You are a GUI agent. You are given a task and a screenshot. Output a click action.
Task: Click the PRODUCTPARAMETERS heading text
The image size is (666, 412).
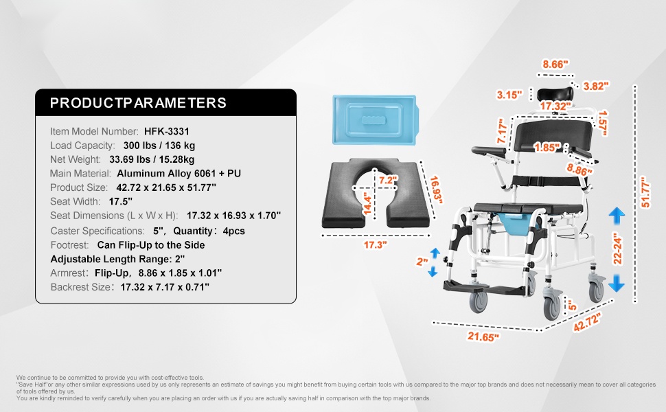coord(138,103)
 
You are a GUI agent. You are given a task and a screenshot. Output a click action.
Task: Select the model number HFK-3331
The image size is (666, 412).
coord(166,131)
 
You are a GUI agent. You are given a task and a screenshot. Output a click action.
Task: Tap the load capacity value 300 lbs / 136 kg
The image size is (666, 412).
coord(159,146)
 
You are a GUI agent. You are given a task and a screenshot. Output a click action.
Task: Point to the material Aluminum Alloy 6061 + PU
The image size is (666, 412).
coord(179,173)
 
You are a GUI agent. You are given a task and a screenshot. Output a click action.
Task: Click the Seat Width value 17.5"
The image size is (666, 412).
coord(121,201)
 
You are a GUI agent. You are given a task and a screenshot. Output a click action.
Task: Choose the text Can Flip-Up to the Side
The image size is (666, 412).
coord(151,245)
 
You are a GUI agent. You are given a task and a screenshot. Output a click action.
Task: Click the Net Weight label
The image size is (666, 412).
coord(75,159)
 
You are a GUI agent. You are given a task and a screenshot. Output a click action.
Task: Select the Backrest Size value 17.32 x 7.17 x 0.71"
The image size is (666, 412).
coord(165,287)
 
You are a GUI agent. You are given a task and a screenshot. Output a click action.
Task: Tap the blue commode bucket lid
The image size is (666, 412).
coord(376,119)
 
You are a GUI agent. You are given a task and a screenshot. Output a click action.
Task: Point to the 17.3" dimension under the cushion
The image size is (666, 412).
coord(376,245)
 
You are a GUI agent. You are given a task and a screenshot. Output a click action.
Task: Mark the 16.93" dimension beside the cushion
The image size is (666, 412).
coord(436,190)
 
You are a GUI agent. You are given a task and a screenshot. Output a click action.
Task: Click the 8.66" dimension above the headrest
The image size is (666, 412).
coord(555,64)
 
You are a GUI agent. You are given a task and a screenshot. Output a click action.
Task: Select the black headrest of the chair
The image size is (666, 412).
coord(555,94)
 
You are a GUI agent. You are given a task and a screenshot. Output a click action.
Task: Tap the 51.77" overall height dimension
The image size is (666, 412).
coord(645,192)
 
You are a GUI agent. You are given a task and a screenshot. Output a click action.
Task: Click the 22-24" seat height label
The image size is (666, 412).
coord(617,248)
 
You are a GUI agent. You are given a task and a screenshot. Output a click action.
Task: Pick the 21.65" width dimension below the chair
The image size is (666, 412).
coord(483,337)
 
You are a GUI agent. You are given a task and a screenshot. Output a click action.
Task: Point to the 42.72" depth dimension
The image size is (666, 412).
coord(588,322)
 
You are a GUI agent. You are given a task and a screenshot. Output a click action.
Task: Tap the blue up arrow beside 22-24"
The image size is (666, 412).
coord(617,216)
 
